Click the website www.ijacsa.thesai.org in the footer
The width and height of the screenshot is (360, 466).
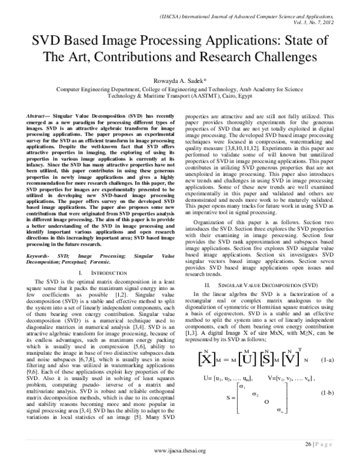[x=180, y=450]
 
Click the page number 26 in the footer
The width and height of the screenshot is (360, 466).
[x=310, y=443]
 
